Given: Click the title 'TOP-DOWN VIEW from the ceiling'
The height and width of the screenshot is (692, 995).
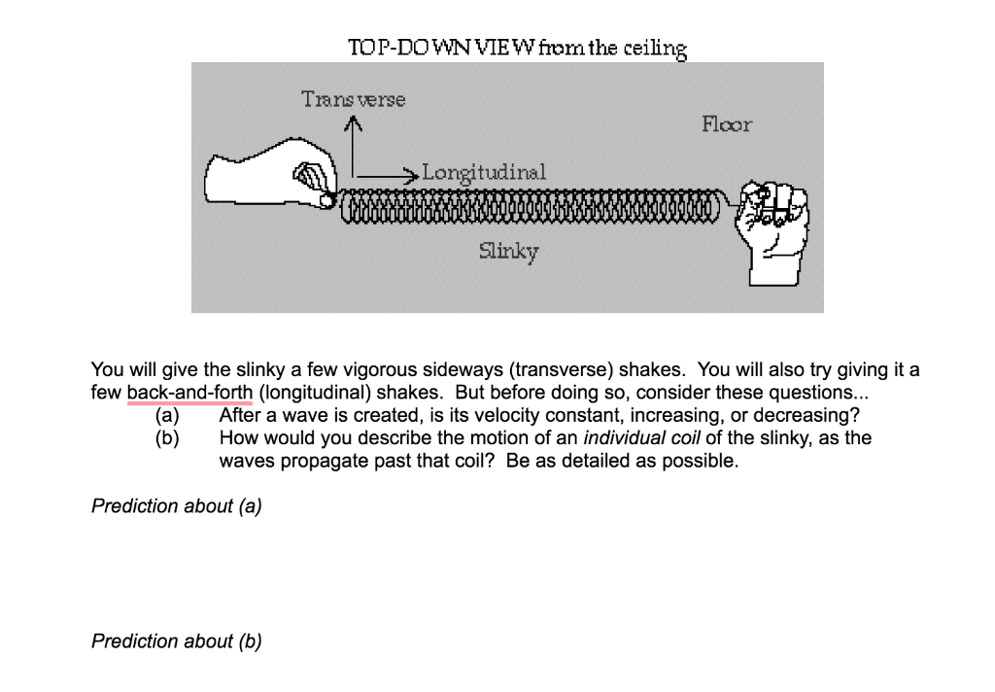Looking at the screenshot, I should point(517,48).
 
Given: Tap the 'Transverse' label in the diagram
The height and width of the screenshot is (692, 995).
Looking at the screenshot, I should point(354,99).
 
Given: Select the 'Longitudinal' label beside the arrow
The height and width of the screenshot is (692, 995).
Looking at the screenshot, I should point(484,172).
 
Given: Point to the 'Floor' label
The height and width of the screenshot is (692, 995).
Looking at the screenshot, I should point(726,124).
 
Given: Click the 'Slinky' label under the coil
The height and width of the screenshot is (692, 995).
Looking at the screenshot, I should point(508,252).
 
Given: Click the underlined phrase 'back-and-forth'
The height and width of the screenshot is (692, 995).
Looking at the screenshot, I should point(189,393).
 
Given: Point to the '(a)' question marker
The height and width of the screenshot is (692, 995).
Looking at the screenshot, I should point(168,416).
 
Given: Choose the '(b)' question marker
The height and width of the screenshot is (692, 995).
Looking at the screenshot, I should point(168,437).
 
